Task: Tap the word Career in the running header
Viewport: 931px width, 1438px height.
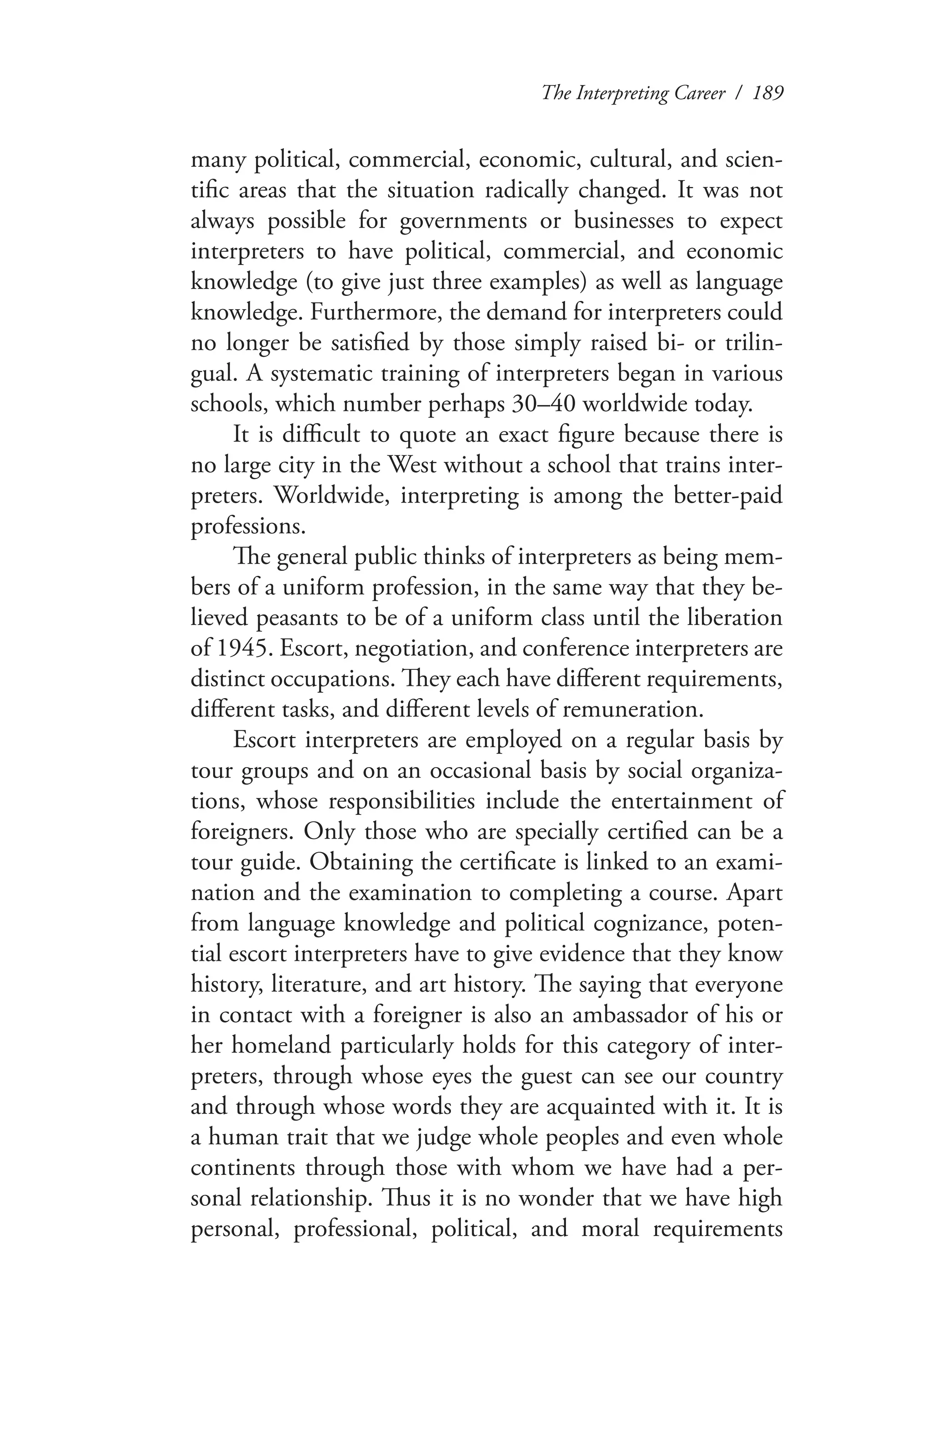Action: pos(696,94)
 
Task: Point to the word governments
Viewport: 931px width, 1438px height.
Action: pos(463,222)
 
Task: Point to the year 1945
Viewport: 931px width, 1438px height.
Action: pos(238,648)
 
